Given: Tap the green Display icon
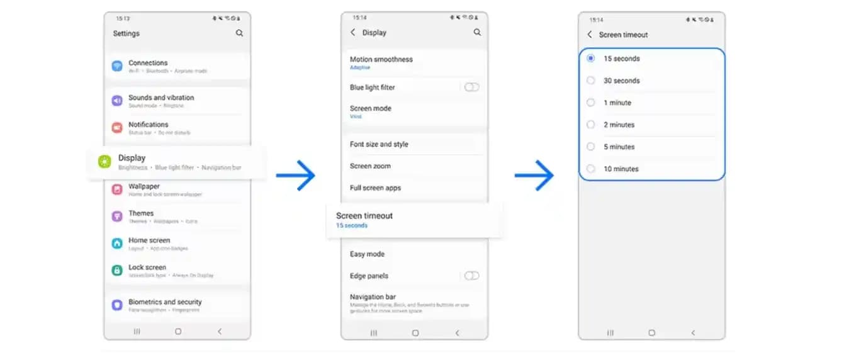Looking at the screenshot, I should [x=104, y=162].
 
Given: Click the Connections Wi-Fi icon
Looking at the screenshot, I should [x=117, y=66].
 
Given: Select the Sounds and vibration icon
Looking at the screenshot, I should [x=117, y=101].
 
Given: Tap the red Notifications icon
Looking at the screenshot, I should [x=117, y=128].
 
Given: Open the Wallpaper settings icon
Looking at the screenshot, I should [x=117, y=189].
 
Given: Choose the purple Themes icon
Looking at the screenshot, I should [x=117, y=217].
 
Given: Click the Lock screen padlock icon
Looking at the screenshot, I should [x=117, y=270].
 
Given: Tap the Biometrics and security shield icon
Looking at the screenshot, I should [x=117, y=305].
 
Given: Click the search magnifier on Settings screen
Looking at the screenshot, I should [x=239, y=33].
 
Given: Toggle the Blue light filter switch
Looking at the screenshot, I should [x=471, y=87].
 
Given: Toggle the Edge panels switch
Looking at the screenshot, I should [x=471, y=276].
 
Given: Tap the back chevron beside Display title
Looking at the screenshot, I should [x=353, y=32].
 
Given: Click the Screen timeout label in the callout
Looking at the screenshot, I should [x=364, y=216].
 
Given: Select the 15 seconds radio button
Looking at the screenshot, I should [x=590, y=59].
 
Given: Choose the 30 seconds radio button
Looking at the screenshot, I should [x=590, y=81].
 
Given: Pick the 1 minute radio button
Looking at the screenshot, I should [x=590, y=103].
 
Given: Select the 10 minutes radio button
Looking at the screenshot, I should [x=590, y=169].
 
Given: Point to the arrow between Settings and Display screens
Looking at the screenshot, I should [x=295, y=176].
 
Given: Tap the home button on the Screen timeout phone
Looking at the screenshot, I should [x=651, y=332].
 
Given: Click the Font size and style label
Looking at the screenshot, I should [x=379, y=144].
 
